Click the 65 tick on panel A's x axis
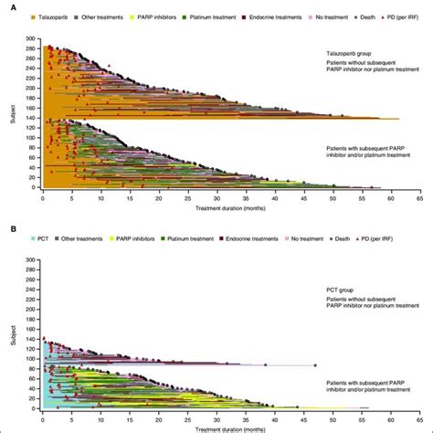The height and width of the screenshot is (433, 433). pos(419,197)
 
